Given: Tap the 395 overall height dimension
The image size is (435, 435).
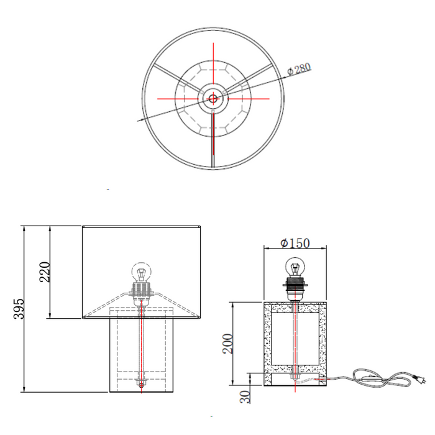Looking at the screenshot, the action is [x=19, y=309].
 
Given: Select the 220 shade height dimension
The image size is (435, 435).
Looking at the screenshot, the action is [x=45, y=272].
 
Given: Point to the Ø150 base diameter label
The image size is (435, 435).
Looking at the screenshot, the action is [x=295, y=244].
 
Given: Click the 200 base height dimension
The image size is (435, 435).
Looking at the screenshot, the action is [x=228, y=344].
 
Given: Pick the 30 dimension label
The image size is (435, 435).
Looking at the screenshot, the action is [x=245, y=396].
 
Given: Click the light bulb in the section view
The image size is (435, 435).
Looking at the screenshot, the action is [x=295, y=267].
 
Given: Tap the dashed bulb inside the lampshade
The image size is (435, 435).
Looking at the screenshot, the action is [x=142, y=272].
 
